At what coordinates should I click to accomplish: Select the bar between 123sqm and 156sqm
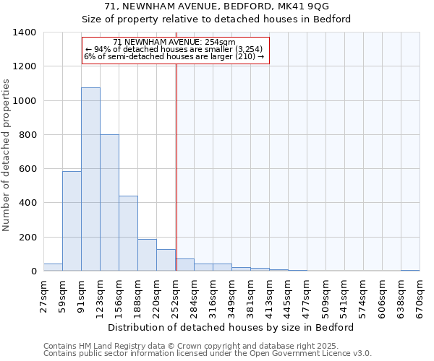click(109, 202)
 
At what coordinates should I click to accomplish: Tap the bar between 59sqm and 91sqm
click(72, 221)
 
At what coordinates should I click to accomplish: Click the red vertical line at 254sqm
click(176, 166)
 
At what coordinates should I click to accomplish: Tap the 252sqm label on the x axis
click(176, 295)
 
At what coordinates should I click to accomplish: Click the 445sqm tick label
click(289, 295)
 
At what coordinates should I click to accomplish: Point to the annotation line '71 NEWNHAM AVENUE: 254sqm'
click(175, 43)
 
